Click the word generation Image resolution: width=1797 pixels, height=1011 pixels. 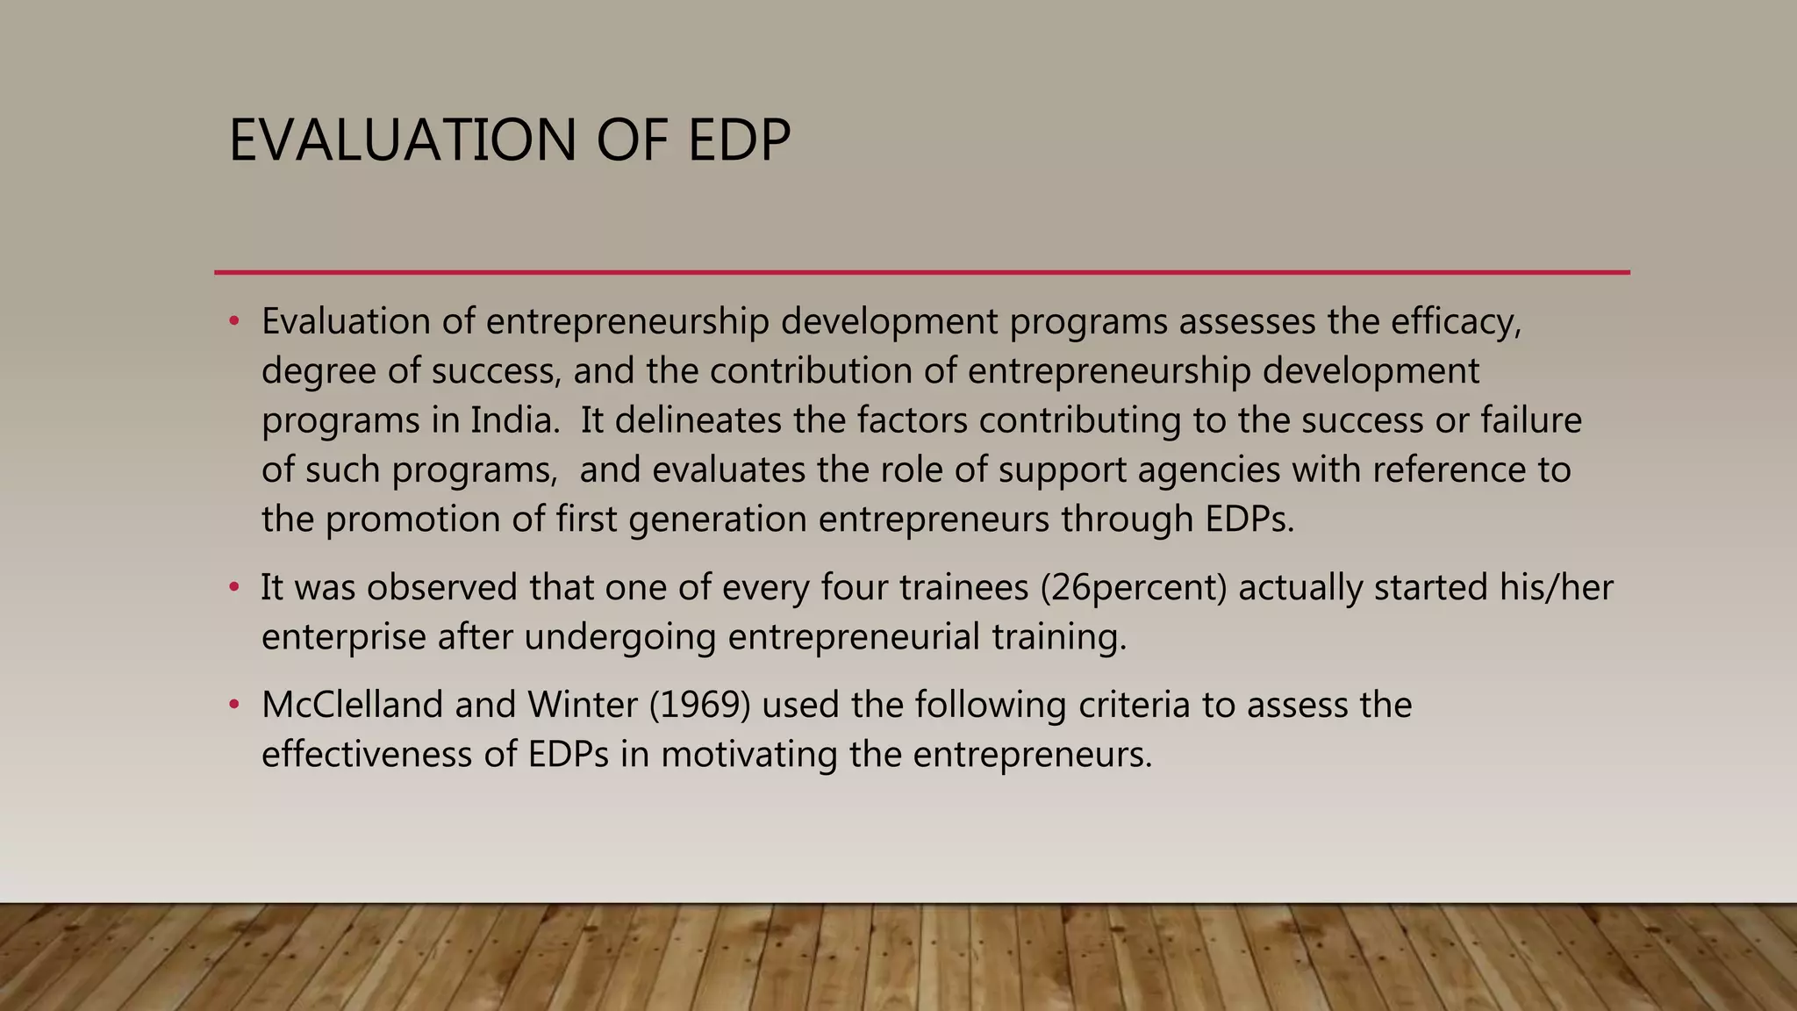tap(718, 520)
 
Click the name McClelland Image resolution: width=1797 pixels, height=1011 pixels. tap(352, 705)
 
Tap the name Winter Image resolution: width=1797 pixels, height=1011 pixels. tap(582, 705)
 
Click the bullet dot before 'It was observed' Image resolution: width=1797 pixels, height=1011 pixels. tap(233, 586)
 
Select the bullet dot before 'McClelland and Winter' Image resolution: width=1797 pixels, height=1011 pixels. tap(233, 704)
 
